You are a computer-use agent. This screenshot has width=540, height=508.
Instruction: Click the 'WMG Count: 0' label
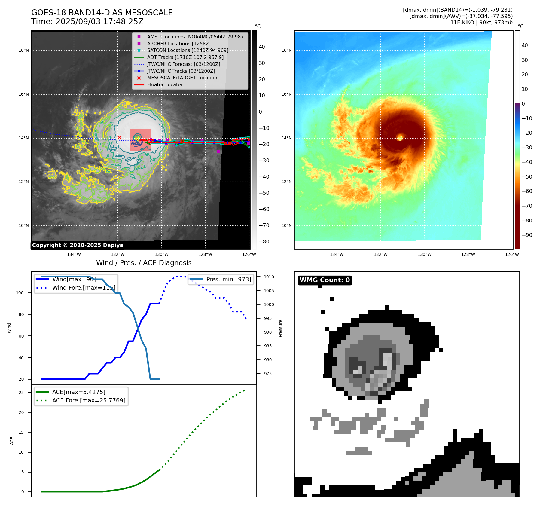pyautogui.click(x=325, y=280)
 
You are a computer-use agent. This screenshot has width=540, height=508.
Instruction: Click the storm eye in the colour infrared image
pyautogui.click(x=400, y=138)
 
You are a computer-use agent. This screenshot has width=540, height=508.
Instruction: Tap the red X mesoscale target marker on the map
pyautogui.click(x=119, y=137)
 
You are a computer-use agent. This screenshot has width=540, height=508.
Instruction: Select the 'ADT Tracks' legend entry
pyautogui.click(x=185, y=57)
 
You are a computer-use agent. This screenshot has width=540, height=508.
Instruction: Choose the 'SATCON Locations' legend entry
pyautogui.click(x=188, y=50)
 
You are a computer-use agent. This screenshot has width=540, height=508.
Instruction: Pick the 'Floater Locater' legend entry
pyautogui.click(x=165, y=84)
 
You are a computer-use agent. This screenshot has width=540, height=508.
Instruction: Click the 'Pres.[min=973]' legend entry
pyautogui.click(x=228, y=279)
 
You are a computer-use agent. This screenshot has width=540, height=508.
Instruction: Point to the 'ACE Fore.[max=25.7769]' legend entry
pyautogui.click(x=89, y=400)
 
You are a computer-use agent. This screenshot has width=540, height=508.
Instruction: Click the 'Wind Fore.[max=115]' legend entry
pyautogui.click(x=84, y=288)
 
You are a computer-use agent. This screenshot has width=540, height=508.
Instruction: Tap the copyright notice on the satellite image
pyautogui.click(x=78, y=245)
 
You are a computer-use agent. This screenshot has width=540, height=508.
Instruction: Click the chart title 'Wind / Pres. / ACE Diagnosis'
pyautogui.click(x=144, y=263)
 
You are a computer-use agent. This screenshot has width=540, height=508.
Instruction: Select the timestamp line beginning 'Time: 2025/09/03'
pyautogui.click(x=87, y=22)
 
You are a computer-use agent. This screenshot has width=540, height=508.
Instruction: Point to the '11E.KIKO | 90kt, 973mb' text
pyautogui.click(x=481, y=23)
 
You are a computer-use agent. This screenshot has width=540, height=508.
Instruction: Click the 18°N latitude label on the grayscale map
pyautogui.click(x=24, y=50)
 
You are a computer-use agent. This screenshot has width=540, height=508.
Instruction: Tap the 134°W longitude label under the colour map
pyautogui.click(x=337, y=254)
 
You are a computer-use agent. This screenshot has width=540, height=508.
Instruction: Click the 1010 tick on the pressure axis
pyautogui.click(x=269, y=277)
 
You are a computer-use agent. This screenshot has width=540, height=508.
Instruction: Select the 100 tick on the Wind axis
pyautogui.click(x=20, y=293)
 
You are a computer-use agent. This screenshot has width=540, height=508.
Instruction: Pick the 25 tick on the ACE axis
pyautogui.click(x=21, y=393)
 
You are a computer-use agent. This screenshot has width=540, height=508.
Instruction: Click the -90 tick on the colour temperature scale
pyautogui.click(x=527, y=235)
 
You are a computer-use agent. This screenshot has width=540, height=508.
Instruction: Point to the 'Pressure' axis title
pyautogui.click(x=280, y=328)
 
